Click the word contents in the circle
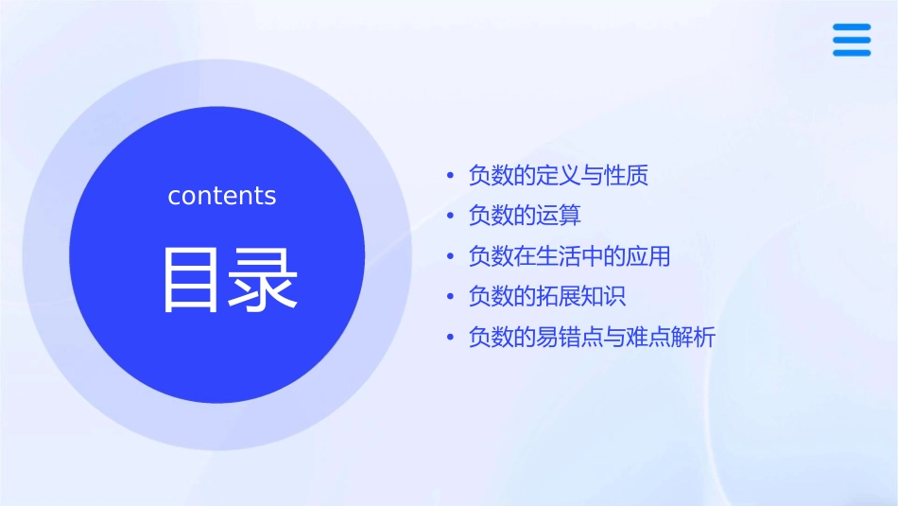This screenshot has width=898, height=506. [222, 196]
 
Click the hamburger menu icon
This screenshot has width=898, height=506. [852, 40]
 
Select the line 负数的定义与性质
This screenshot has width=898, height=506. [558, 176]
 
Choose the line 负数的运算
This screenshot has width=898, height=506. [525, 216]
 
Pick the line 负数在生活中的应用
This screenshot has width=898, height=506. [569, 256]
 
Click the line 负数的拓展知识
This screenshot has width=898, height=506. [546, 296]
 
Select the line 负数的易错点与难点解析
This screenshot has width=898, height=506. [592, 337]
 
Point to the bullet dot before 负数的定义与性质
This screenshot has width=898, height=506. [451, 177]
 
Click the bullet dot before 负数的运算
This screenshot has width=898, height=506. [451, 217]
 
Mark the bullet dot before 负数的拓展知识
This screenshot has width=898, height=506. [451, 297]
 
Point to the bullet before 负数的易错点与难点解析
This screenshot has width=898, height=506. [451, 338]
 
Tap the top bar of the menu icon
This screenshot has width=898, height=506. [852, 27]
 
